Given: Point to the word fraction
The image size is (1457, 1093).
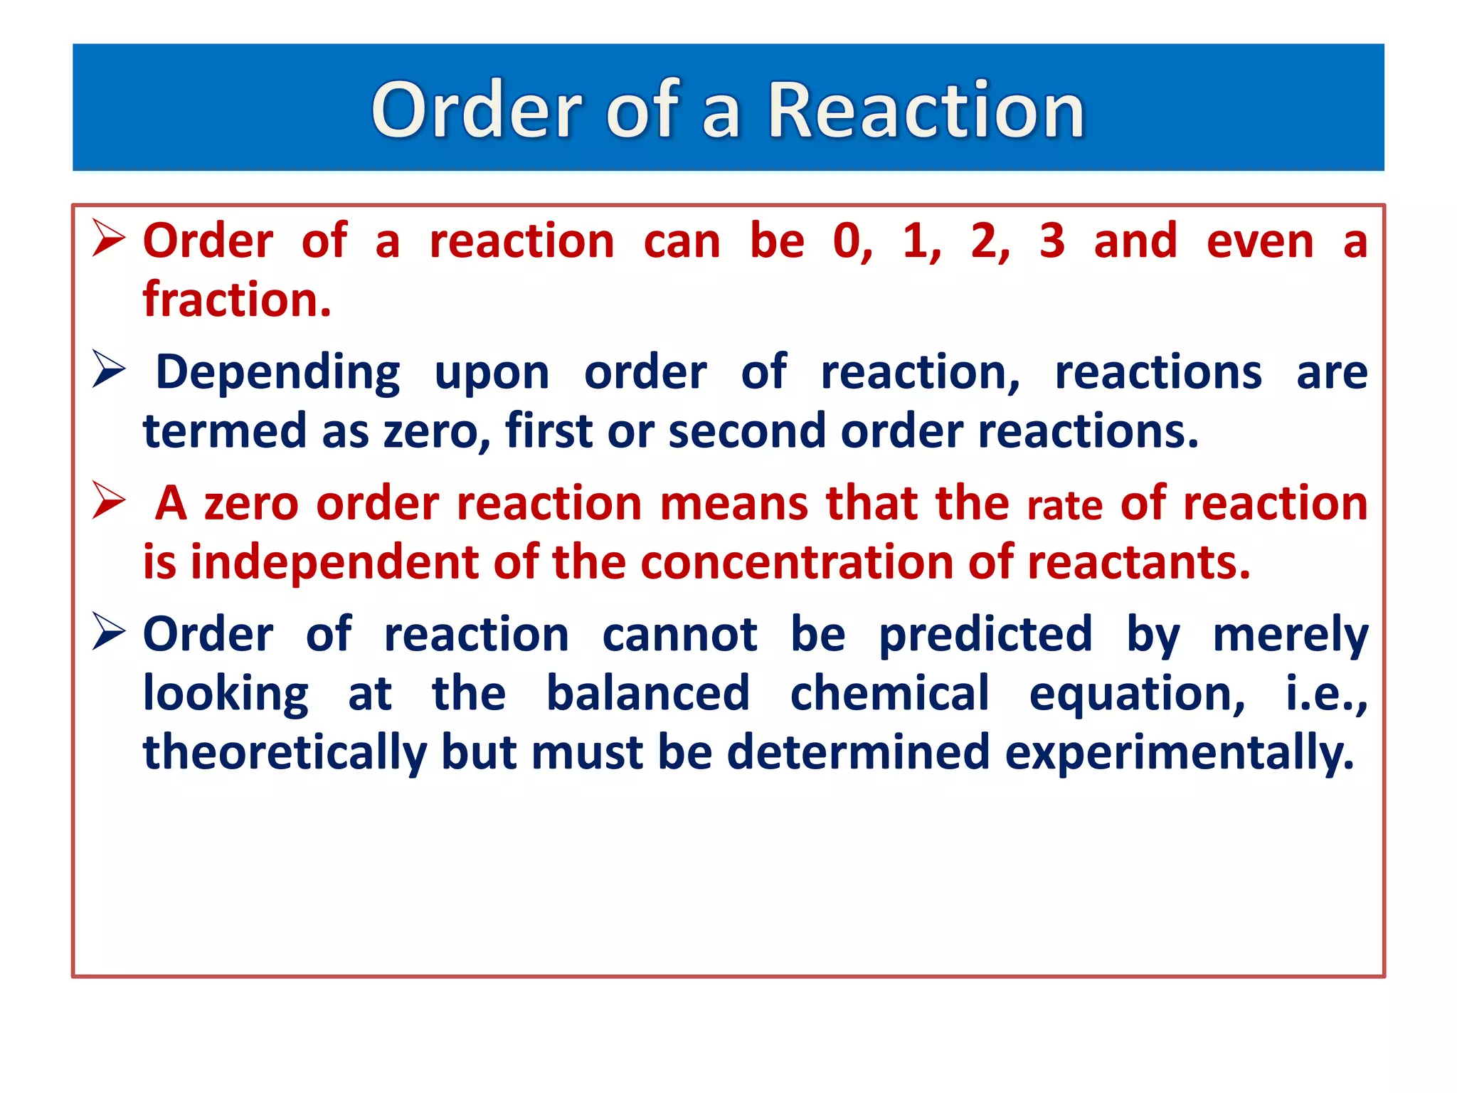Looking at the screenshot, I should pyautogui.click(x=237, y=300).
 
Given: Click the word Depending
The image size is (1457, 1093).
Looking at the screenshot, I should pyautogui.click(x=277, y=373).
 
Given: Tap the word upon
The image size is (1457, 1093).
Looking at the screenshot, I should pyautogui.click(x=492, y=373).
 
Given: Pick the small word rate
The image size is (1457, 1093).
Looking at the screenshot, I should pyautogui.click(x=1065, y=506).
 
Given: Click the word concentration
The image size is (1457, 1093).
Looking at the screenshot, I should pyautogui.click(x=796, y=563).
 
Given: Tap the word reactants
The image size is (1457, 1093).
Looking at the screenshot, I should pyautogui.click(x=1138, y=563).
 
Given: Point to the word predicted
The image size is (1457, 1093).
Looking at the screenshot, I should pyautogui.click(x=985, y=635).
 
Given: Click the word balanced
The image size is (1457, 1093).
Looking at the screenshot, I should pyautogui.click(x=648, y=694).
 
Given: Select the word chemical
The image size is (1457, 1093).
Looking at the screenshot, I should pyautogui.click(x=889, y=694).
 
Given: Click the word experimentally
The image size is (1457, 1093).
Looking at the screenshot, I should pyautogui.click(x=1179, y=753).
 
